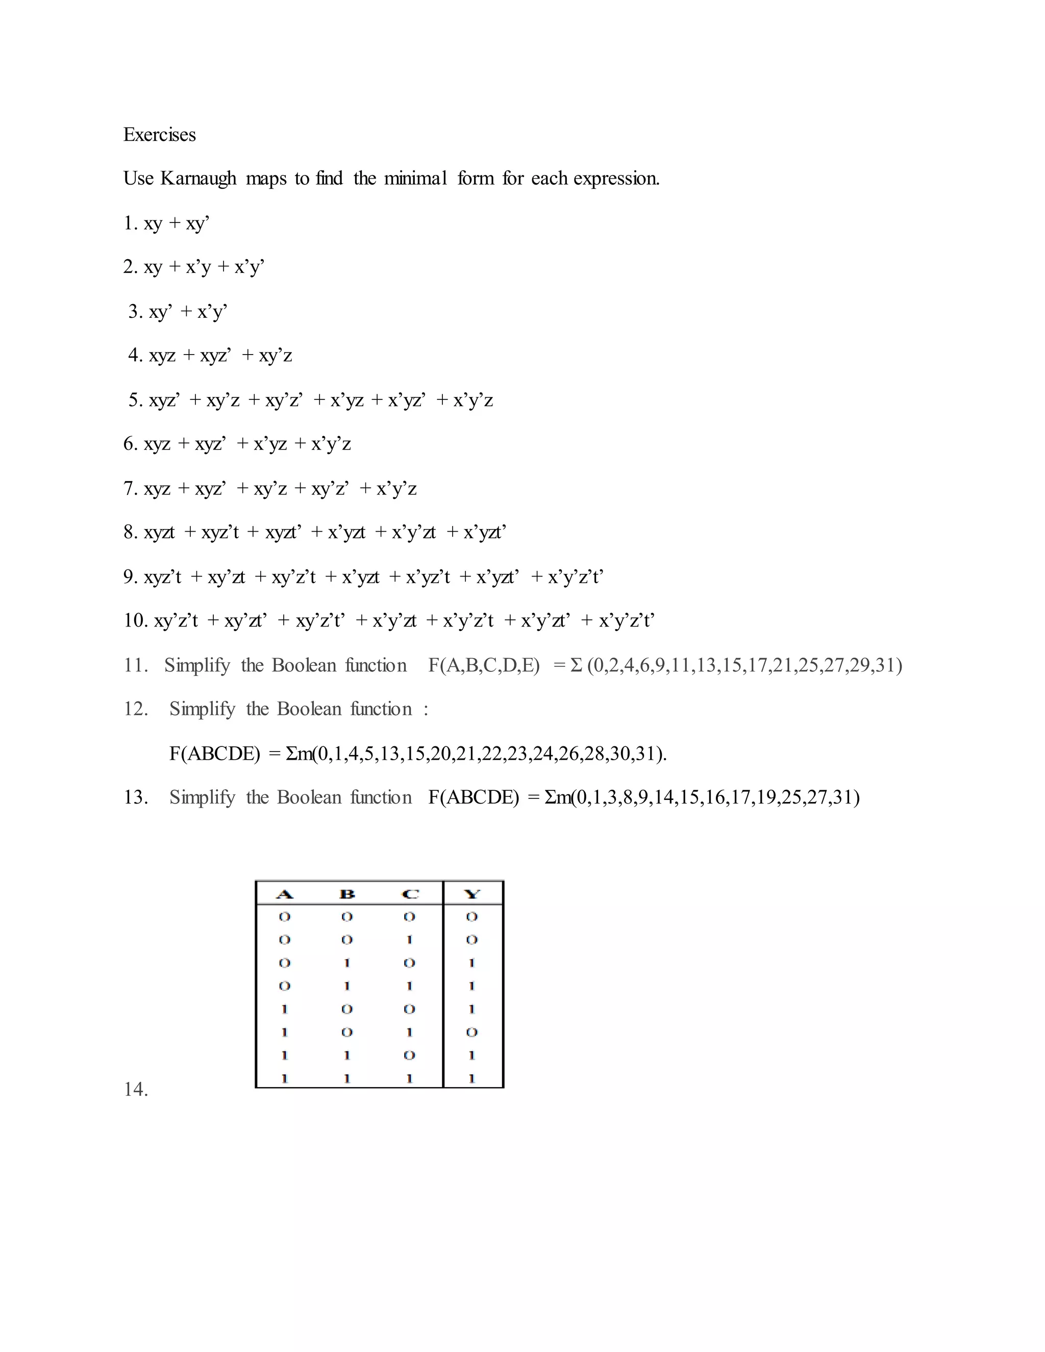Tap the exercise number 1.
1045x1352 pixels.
[x=130, y=223]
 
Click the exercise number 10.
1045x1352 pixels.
[x=135, y=620]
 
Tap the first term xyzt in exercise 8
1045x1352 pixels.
[x=159, y=532]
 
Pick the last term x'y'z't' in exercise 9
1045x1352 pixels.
[x=575, y=577]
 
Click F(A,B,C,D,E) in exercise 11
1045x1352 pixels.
[x=484, y=665]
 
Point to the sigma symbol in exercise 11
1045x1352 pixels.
[x=576, y=665]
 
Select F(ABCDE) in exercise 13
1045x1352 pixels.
[x=474, y=797]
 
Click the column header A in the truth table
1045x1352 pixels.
[x=284, y=894]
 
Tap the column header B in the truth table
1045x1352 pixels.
[x=347, y=894]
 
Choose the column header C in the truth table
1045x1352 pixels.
[x=410, y=894]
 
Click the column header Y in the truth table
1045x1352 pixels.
[x=472, y=894]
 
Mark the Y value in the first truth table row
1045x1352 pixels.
[x=472, y=917]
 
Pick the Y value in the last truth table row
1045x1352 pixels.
[x=472, y=1079]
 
